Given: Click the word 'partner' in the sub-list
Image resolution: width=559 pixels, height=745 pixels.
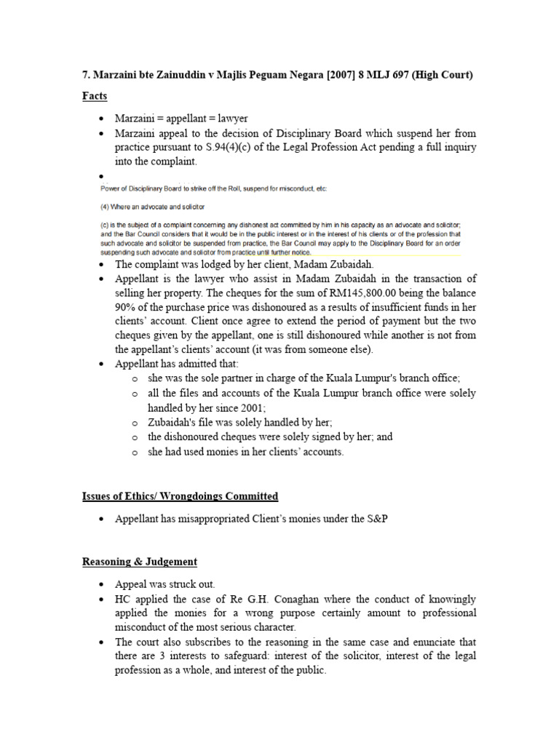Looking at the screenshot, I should pos(227,378).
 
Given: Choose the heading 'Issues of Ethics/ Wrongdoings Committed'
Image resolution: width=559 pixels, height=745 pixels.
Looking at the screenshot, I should pos(180,496).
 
